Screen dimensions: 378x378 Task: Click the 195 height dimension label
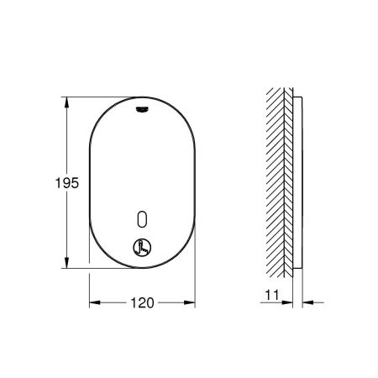[67, 183]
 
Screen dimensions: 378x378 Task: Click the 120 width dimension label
[142, 302]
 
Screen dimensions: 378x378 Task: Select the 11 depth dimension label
[272, 295]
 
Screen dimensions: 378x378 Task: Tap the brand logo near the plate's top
[142, 109]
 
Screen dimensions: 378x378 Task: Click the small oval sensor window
[142, 218]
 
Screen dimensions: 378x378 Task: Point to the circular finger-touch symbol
[142, 248]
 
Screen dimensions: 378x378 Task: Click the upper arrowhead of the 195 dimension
[66, 102]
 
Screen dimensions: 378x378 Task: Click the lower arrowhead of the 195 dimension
[66, 262]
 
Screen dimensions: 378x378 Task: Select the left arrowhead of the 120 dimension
[95, 302]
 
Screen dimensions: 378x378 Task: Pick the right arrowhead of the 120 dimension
[189, 302]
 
